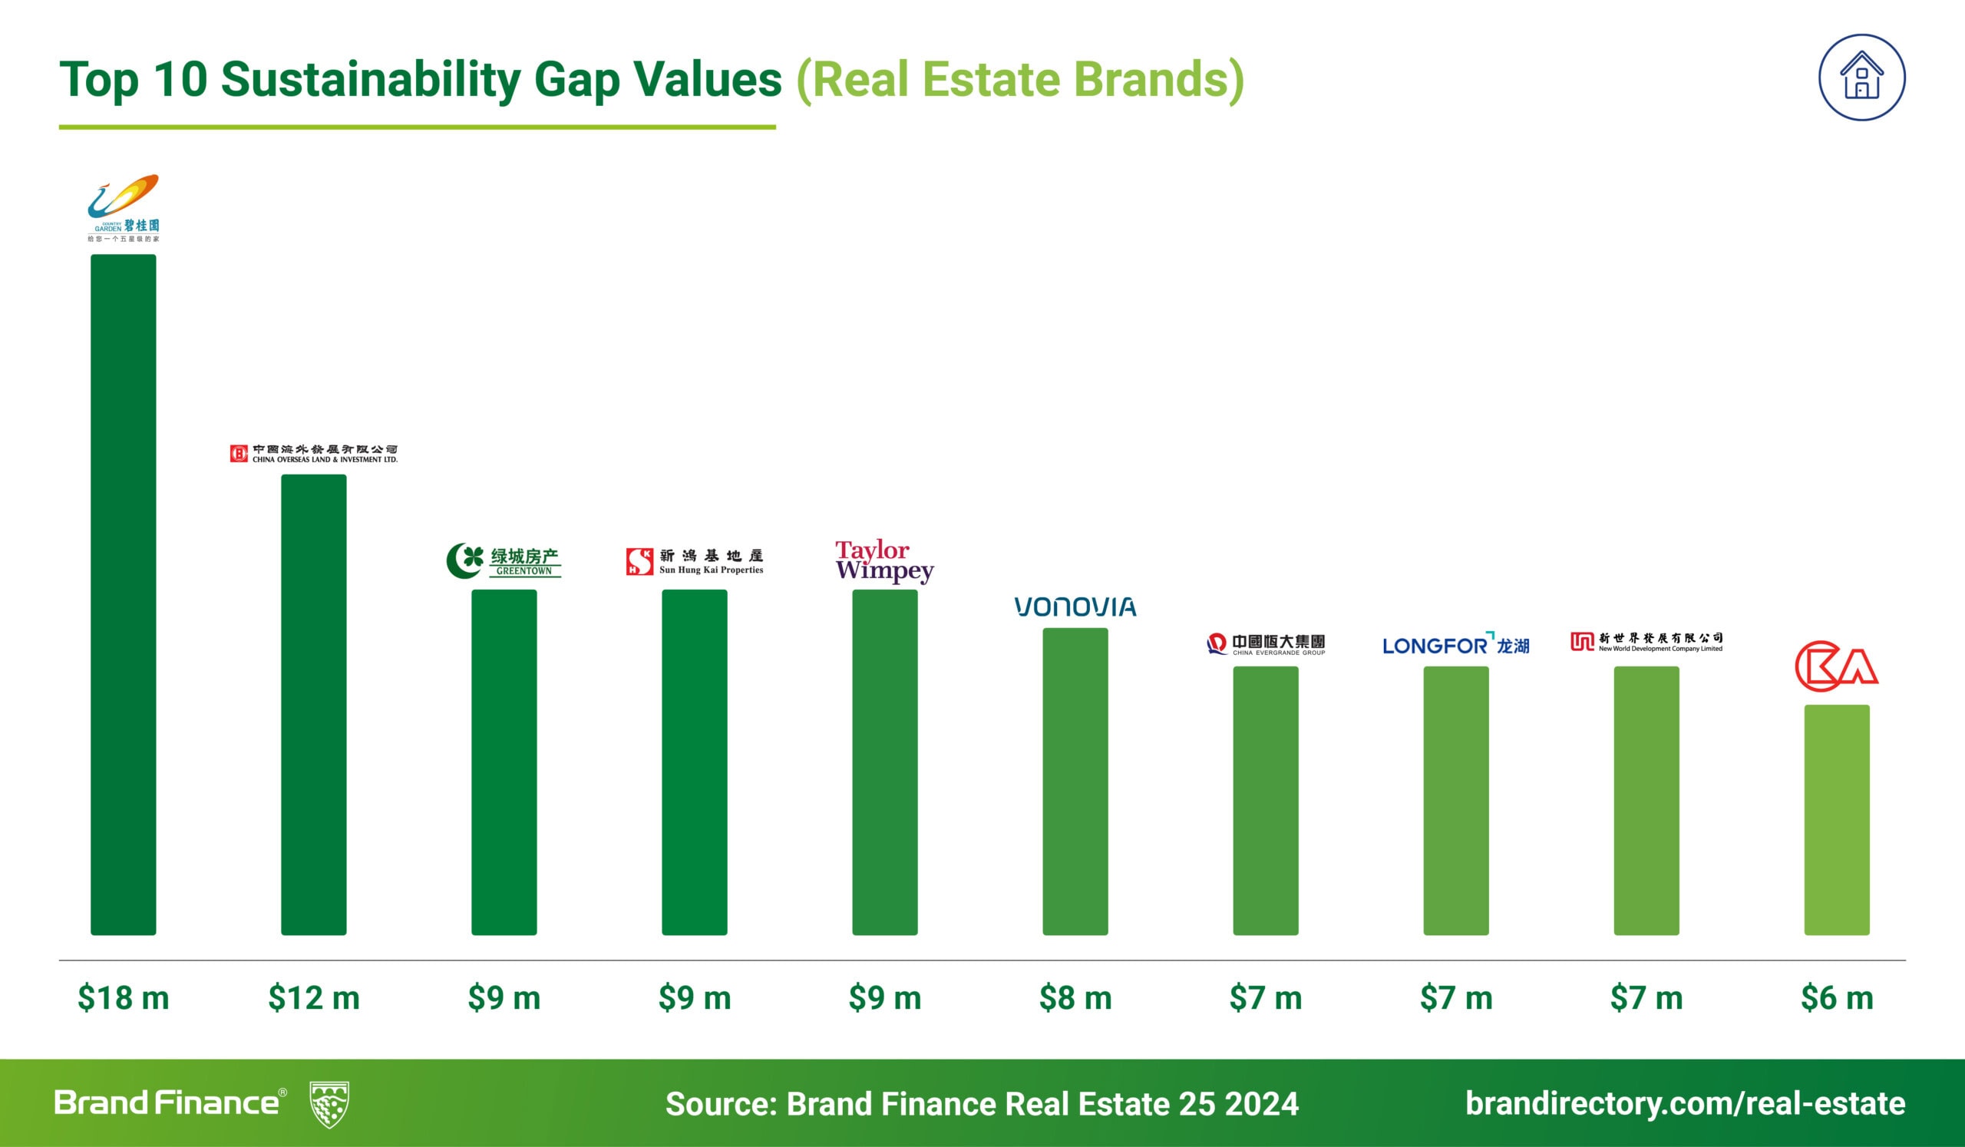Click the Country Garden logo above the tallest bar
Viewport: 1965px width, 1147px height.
(x=124, y=207)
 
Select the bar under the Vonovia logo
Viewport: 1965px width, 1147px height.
(x=1075, y=781)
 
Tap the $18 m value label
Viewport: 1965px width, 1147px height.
(x=124, y=998)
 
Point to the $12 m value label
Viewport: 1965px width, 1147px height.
(x=313, y=998)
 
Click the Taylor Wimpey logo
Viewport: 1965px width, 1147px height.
(x=884, y=560)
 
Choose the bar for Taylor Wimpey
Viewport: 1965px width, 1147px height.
(x=884, y=762)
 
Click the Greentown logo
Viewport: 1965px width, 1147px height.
(x=504, y=560)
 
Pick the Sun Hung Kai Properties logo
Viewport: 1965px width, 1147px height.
(x=694, y=560)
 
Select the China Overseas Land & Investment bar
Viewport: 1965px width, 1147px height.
(x=313, y=704)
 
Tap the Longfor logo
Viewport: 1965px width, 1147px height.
(x=1455, y=645)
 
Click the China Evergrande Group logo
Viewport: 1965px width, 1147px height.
(x=1265, y=645)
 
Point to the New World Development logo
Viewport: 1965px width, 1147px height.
(x=1646, y=643)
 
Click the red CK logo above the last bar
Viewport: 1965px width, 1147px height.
(x=1836, y=666)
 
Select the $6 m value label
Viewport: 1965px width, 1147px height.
(x=1836, y=998)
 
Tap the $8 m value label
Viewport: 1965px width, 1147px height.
(x=1075, y=998)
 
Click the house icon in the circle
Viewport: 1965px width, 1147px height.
(x=1862, y=78)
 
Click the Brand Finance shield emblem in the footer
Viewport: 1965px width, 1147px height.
(x=329, y=1104)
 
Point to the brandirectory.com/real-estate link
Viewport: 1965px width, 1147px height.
(x=1685, y=1104)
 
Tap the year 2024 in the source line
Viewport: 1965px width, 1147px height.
(x=1261, y=1104)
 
